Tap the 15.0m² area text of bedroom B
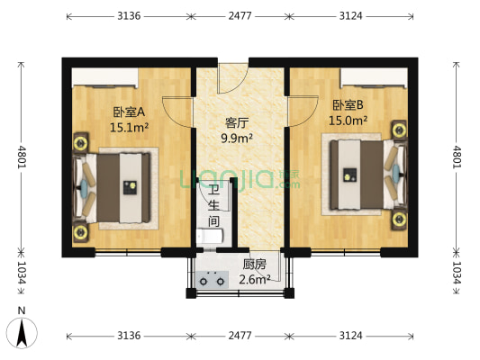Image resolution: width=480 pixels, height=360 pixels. [348, 120]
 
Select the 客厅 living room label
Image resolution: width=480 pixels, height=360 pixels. [237, 123]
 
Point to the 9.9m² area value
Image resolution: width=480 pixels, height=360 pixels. [238, 139]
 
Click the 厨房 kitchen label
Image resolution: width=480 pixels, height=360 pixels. [254, 265]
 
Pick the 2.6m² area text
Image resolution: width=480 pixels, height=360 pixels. [255, 280]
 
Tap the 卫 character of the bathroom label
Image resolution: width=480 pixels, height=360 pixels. [213, 190]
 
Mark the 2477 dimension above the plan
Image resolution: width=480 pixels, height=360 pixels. [238, 16]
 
